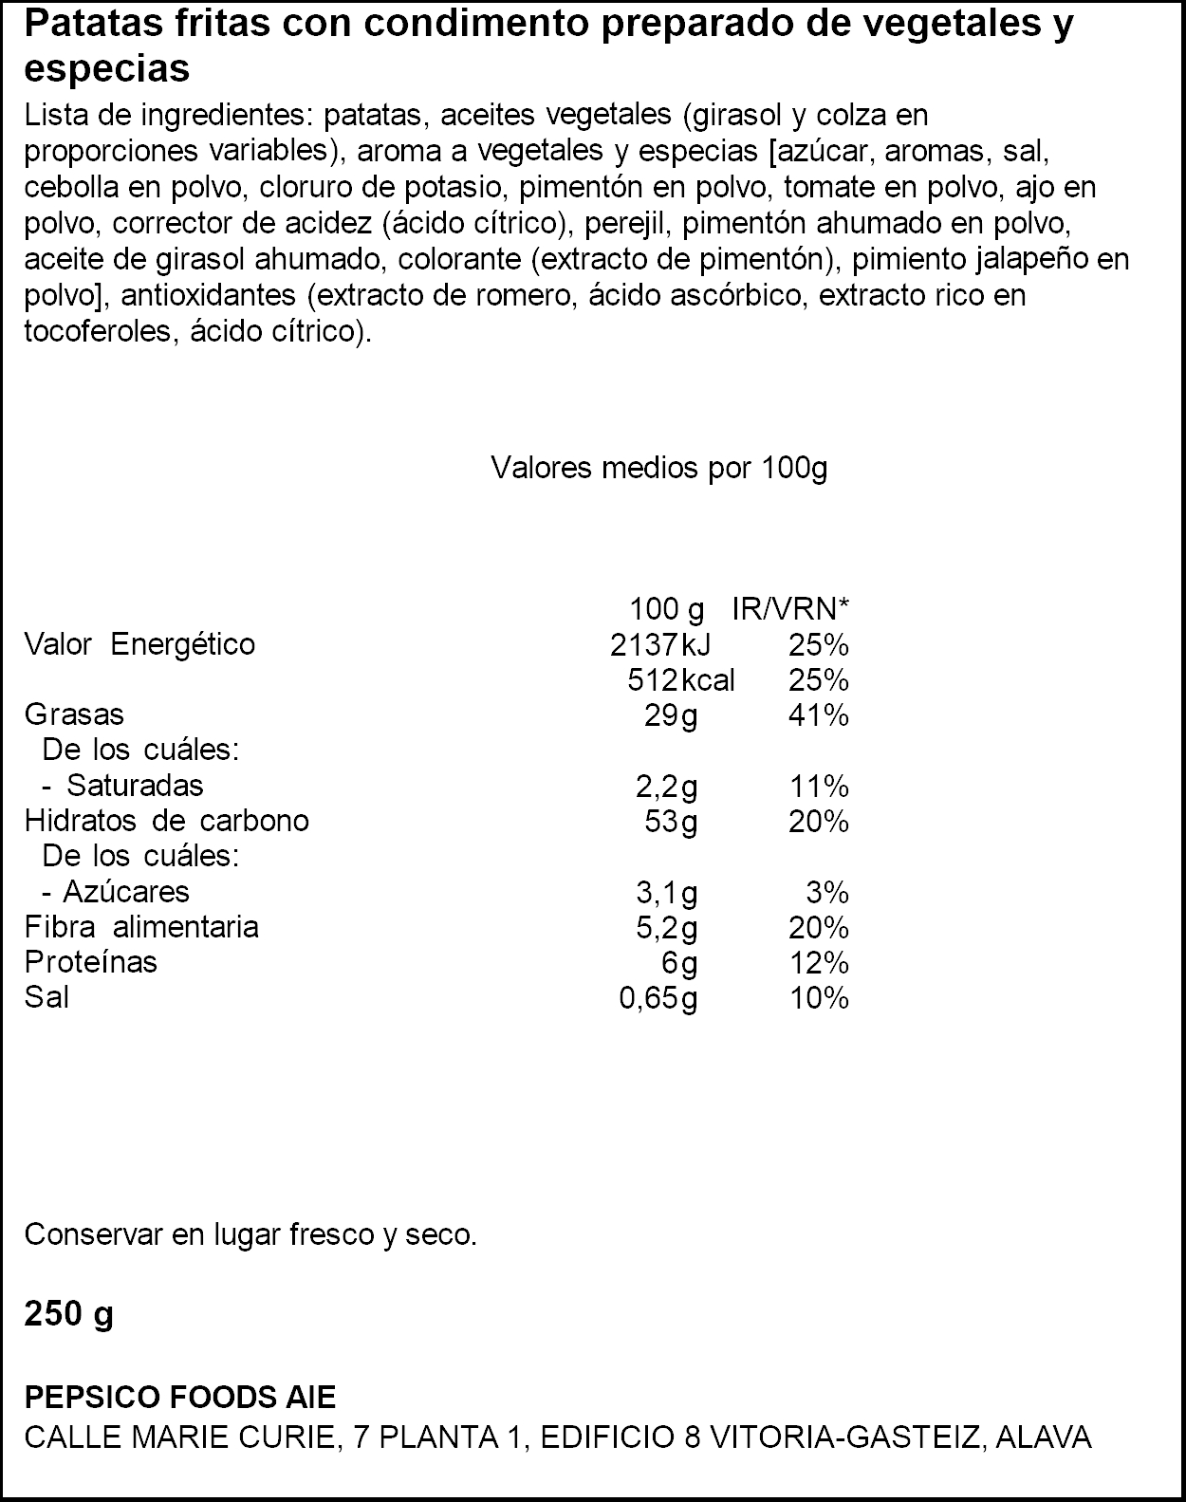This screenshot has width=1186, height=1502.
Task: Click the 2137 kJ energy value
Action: click(659, 645)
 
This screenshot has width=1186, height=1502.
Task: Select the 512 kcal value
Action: click(680, 680)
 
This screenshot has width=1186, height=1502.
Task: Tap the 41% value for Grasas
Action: click(818, 715)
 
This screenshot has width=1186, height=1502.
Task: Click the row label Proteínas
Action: click(90, 962)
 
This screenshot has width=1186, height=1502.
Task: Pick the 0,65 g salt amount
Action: click(658, 998)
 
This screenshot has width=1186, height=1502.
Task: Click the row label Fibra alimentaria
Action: click(141, 926)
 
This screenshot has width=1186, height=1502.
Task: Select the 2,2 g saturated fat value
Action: click(666, 787)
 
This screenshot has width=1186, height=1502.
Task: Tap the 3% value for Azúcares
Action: click(826, 893)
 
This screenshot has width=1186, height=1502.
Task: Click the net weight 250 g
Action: click(68, 1315)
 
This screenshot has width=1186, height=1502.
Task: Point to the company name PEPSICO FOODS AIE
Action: click(179, 1397)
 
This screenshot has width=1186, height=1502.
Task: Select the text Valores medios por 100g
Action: click(658, 468)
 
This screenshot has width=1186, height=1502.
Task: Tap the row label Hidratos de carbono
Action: click(166, 821)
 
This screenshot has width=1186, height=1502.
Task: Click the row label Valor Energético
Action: click(139, 644)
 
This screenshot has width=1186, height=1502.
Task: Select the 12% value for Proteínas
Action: click(818, 964)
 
